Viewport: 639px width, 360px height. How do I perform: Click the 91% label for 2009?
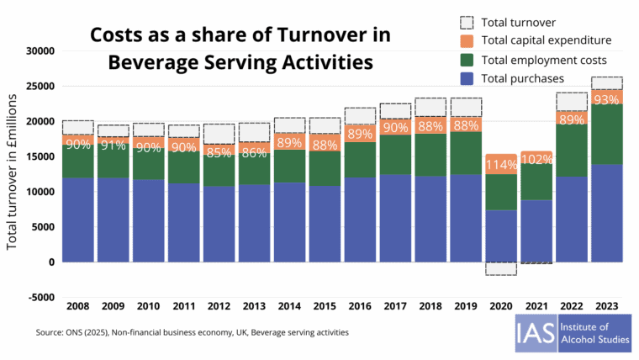[112, 145]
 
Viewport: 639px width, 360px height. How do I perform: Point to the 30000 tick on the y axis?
[40, 50]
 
